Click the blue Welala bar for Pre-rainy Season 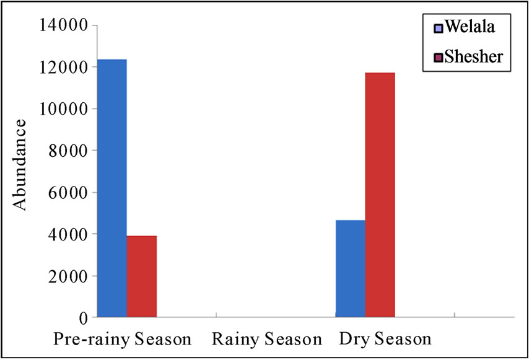pos(112,188)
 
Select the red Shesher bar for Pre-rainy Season pos(142,276)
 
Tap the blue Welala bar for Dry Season pos(351,268)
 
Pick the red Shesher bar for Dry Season pos(380,195)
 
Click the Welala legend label pos(470,26)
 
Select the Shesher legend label pos(474,56)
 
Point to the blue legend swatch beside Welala pos(438,29)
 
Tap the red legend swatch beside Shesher pos(438,58)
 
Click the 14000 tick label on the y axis pos(64,25)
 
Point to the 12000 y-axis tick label pos(64,67)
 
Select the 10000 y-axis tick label pos(64,109)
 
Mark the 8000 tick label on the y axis pos(69,151)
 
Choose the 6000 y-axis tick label pos(69,193)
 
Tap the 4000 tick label pos(69,234)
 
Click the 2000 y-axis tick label pos(69,276)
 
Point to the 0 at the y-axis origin pos(84,318)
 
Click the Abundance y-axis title pos(20,165)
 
